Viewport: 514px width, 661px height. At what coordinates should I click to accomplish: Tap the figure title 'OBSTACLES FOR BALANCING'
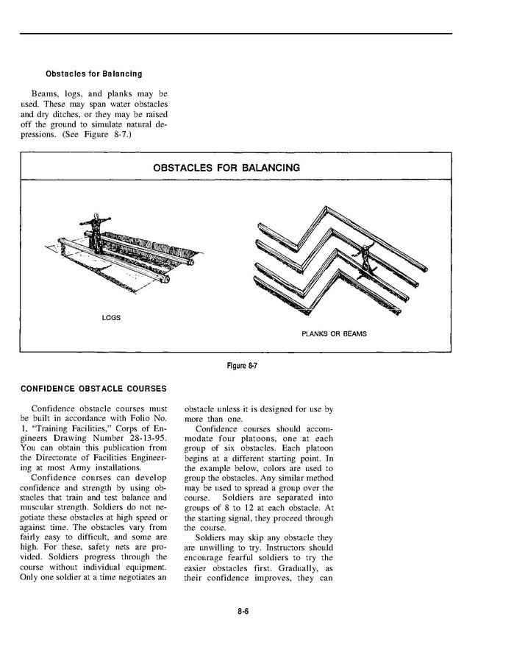(226, 168)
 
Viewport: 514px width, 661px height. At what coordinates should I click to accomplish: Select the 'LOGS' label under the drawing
(111, 318)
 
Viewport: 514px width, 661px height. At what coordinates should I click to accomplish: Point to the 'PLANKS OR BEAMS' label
(334, 333)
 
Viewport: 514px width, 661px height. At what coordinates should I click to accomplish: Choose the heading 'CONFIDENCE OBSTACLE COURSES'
(93, 389)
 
